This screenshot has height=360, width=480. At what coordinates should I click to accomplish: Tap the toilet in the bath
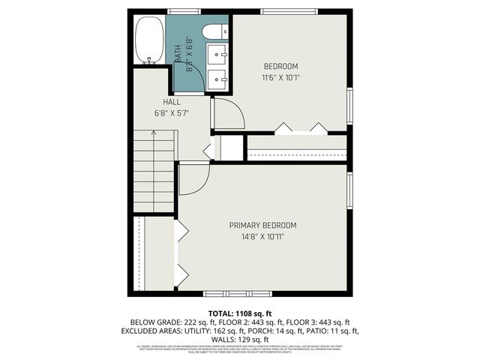211,31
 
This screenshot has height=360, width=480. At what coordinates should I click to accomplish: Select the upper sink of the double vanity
217,54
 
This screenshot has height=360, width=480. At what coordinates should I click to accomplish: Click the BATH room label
178,54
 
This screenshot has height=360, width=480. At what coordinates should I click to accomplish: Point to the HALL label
171,102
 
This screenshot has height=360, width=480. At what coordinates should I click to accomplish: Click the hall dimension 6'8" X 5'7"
171,113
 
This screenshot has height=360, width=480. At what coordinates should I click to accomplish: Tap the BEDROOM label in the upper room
281,65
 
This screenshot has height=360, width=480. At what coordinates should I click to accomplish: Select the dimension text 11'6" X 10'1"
281,76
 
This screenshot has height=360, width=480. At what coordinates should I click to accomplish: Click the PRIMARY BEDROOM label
262,225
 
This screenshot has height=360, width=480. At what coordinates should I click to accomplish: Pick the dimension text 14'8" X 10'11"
262,236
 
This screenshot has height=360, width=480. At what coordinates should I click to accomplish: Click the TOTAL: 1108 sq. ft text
239,313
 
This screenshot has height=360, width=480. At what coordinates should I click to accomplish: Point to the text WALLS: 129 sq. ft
239,337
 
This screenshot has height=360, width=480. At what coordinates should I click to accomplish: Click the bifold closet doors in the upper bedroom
300,127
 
